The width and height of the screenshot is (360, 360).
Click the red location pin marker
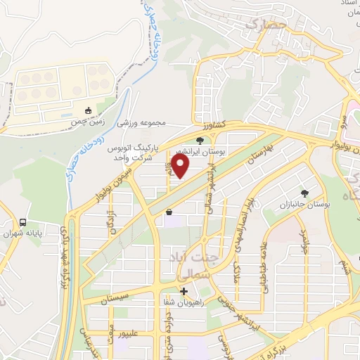[x=181, y=167]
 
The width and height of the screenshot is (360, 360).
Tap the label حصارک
[x=262, y=25]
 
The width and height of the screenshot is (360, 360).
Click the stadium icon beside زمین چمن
[x=89, y=110]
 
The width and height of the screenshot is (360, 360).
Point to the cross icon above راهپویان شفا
[x=184, y=291]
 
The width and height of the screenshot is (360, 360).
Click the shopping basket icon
[x=169, y=212]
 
